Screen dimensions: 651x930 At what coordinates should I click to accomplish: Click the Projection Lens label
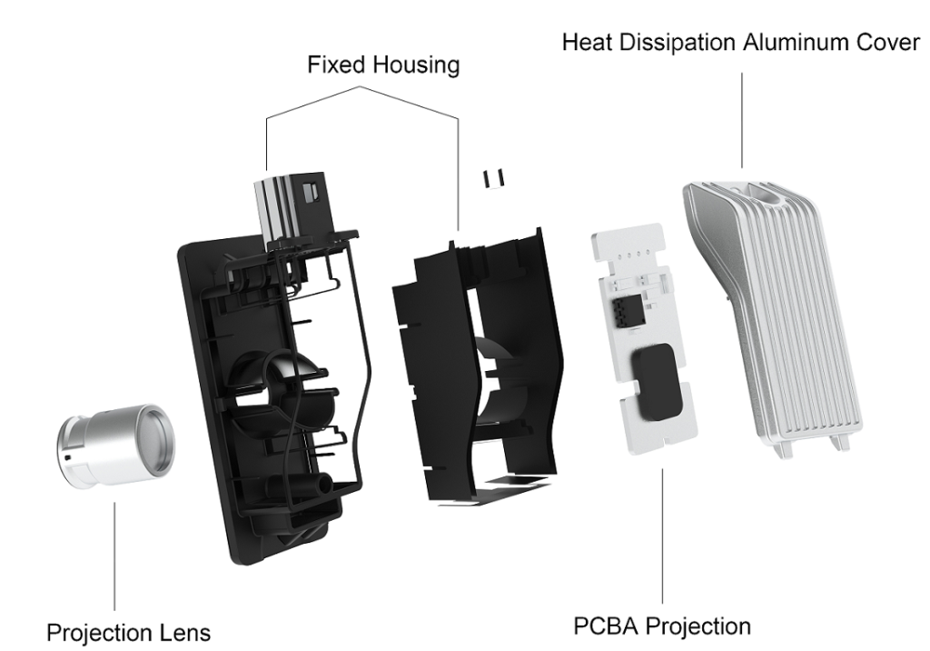click(129, 631)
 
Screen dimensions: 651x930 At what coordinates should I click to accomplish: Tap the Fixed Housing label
click(382, 65)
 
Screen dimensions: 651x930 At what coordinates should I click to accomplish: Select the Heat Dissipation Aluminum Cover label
click(741, 42)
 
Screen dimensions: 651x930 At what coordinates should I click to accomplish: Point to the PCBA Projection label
click(662, 626)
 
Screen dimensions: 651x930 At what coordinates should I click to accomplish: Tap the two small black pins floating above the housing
click(493, 177)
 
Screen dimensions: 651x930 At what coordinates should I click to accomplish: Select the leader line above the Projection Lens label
click(114, 556)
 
